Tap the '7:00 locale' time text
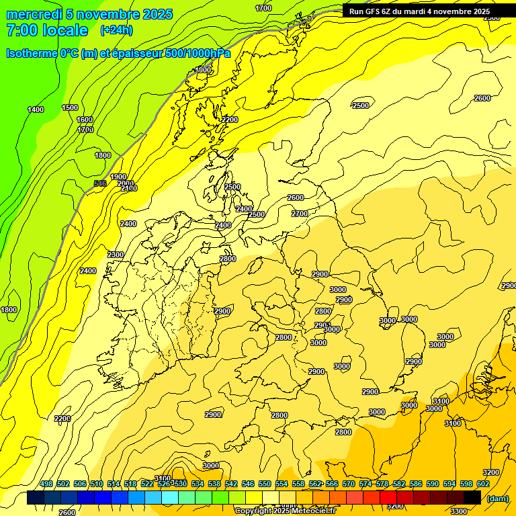click(x=47, y=31)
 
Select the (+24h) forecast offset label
click(x=116, y=30)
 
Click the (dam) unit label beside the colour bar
click(x=498, y=499)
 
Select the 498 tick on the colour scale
click(x=46, y=484)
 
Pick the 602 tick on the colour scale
click(x=483, y=484)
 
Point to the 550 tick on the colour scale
click(x=265, y=484)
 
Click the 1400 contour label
click(x=36, y=110)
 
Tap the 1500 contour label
click(x=70, y=107)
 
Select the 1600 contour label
click(x=85, y=120)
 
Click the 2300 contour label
click(x=116, y=255)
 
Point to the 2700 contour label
click(x=300, y=214)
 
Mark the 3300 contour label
click(x=458, y=511)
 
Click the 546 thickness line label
click(x=100, y=183)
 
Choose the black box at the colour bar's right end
click(x=472, y=498)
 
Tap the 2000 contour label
click(x=125, y=183)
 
